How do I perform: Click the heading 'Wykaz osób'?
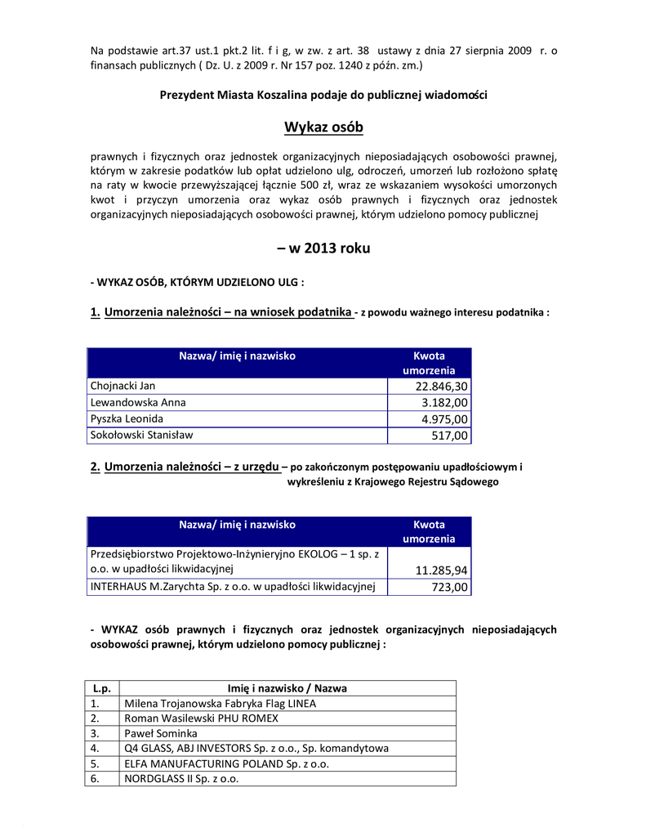click(323, 128)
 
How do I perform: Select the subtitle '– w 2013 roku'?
click(323, 248)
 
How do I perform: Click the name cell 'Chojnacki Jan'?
click(123, 386)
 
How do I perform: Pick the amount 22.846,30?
click(442, 387)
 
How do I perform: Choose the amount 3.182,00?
click(445, 403)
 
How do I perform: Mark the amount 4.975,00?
click(445, 419)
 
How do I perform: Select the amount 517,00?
click(450, 436)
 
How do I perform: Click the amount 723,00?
click(450, 587)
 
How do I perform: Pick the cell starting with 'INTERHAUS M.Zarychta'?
click(232, 586)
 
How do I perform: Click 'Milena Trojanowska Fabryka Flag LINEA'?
click(220, 703)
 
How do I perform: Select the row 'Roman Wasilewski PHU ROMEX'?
click(201, 718)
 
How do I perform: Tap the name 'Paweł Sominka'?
click(160, 733)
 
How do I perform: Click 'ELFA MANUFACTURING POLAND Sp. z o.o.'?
click(226, 763)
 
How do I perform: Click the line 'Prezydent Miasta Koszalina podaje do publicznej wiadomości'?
click(323, 96)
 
